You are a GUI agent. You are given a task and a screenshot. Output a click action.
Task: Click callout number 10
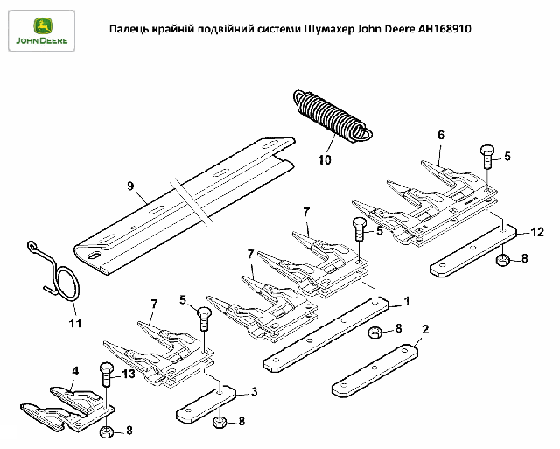tap(325, 160)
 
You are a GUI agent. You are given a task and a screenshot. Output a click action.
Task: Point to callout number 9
tap(130, 186)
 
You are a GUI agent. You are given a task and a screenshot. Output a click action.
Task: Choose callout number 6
tap(440, 135)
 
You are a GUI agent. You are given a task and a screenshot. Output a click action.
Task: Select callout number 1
tap(406, 302)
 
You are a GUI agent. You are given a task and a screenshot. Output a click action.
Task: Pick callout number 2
tap(424, 330)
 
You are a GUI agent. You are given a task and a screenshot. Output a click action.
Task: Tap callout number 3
tap(254, 390)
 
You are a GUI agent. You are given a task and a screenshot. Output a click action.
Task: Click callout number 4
tap(75, 371)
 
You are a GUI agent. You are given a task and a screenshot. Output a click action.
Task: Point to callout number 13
tap(129, 374)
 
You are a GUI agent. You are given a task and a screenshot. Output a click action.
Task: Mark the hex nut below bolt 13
tap(107, 431)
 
